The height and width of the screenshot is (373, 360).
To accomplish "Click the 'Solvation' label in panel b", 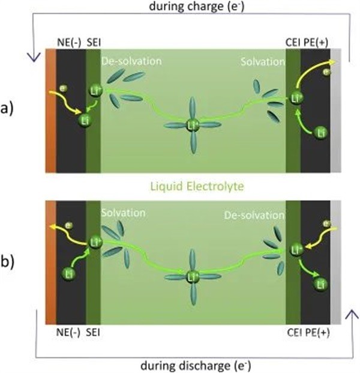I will pyautogui.click(x=124, y=213).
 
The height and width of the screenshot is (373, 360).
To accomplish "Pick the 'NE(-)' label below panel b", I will pyautogui.click(x=65, y=331).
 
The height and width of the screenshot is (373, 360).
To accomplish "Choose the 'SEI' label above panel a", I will pyautogui.click(x=94, y=42).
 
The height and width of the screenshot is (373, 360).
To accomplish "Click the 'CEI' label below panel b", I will pyautogui.click(x=293, y=331).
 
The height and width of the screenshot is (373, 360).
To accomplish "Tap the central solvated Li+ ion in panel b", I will pyautogui.click(x=193, y=277).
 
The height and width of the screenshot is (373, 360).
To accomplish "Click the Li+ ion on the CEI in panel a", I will pyautogui.click(x=295, y=97).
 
